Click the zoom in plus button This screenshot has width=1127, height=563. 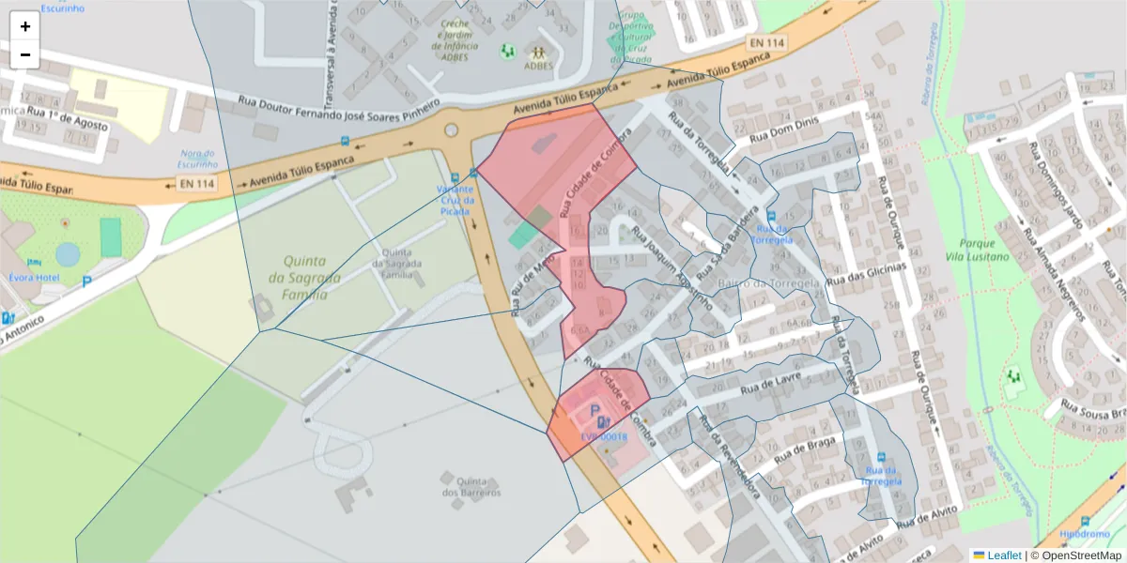pyautogui.click(x=25, y=26)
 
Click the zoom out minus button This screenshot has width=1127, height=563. pyautogui.click(x=25, y=54)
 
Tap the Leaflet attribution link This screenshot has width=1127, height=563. pyautogui.click(x=1004, y=555)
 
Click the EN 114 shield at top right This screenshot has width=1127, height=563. pyautogui.click(x=767, y=43)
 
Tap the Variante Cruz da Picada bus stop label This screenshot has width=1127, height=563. pyautogui.click(x=455, y=200)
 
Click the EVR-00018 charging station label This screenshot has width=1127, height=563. pyautogui.click(x=603, y=437)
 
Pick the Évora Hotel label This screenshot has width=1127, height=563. pyautogui.click(x=35, y=278)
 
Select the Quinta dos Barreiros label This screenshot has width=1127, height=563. pyautogui.click(x=471, y=486)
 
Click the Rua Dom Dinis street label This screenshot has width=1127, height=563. pyautogui.click(x=787, y=129)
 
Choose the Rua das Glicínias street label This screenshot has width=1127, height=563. pyautogui.click(x=865, y=273)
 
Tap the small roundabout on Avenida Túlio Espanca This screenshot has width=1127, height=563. pyautogui.click(x=451, y=130)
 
